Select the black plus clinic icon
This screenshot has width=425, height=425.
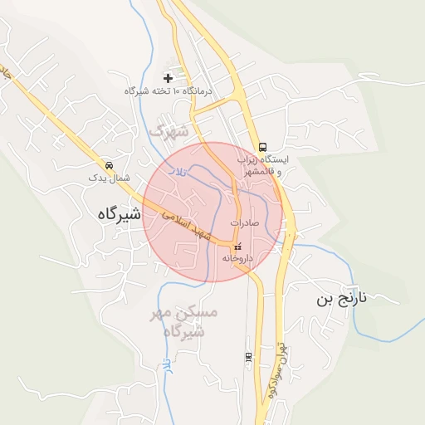click(x=169, y=78)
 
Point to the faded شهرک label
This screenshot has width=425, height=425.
click(x=169, y=131)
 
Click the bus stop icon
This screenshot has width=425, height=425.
click(x=262, y=146)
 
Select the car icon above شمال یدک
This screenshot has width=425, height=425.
click(x=110, y=165)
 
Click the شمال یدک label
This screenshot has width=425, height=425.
click(x=110, y=178)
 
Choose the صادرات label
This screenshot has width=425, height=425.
click(x=245, y=223)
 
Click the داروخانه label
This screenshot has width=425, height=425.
click(x=237, y=258)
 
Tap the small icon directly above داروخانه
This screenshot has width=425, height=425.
click(x=237, y=247)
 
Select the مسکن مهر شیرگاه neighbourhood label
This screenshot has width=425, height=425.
click(x=188, y=321)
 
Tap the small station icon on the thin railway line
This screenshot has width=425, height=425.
click(x=247, y=356)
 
